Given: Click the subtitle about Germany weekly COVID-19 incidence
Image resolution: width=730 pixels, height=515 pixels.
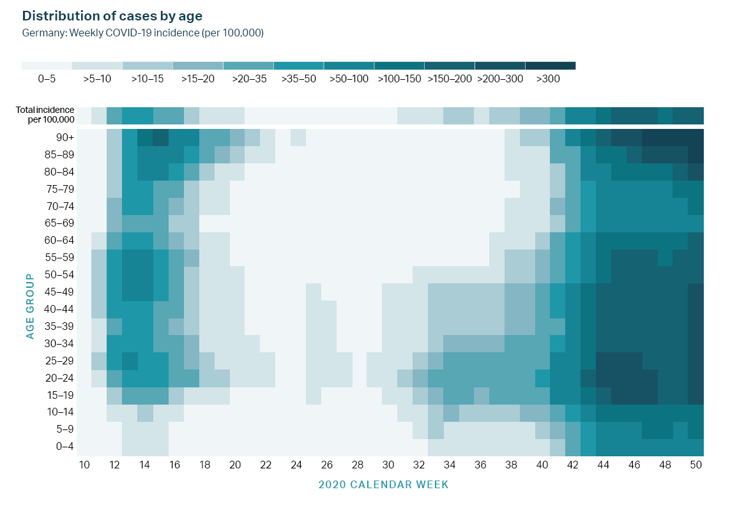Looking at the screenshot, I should pos(143,33).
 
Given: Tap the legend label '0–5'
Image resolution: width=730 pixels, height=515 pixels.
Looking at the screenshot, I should pos(47,79).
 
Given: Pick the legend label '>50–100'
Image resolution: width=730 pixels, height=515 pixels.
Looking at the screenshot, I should pos(349,79).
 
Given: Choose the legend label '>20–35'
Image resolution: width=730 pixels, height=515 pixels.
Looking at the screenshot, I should pos(249,79).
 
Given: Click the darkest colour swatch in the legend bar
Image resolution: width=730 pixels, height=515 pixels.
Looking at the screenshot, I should pos(551,66).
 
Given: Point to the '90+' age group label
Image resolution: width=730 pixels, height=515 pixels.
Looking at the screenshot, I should pos(65,137).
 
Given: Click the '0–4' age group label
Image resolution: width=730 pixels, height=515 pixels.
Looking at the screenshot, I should pos(64,447).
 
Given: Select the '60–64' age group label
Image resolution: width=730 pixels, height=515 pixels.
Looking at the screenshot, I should pos(62,241).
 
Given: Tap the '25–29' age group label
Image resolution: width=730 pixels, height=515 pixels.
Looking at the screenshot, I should pos(62,361).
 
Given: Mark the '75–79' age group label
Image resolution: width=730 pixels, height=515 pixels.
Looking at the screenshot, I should pos(62,189).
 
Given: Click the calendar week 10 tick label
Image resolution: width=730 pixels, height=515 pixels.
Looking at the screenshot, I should pos(84,465).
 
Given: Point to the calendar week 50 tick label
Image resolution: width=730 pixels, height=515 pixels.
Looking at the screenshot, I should pos(696,465).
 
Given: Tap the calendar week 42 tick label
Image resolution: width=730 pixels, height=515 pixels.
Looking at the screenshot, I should pos(573,465).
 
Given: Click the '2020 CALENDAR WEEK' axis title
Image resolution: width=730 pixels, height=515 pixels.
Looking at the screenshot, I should pos(383,484).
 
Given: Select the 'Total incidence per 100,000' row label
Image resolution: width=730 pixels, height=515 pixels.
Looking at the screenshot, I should pos(45,115).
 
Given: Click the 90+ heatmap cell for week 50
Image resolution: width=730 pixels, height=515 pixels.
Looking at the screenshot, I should pos(696,137).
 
